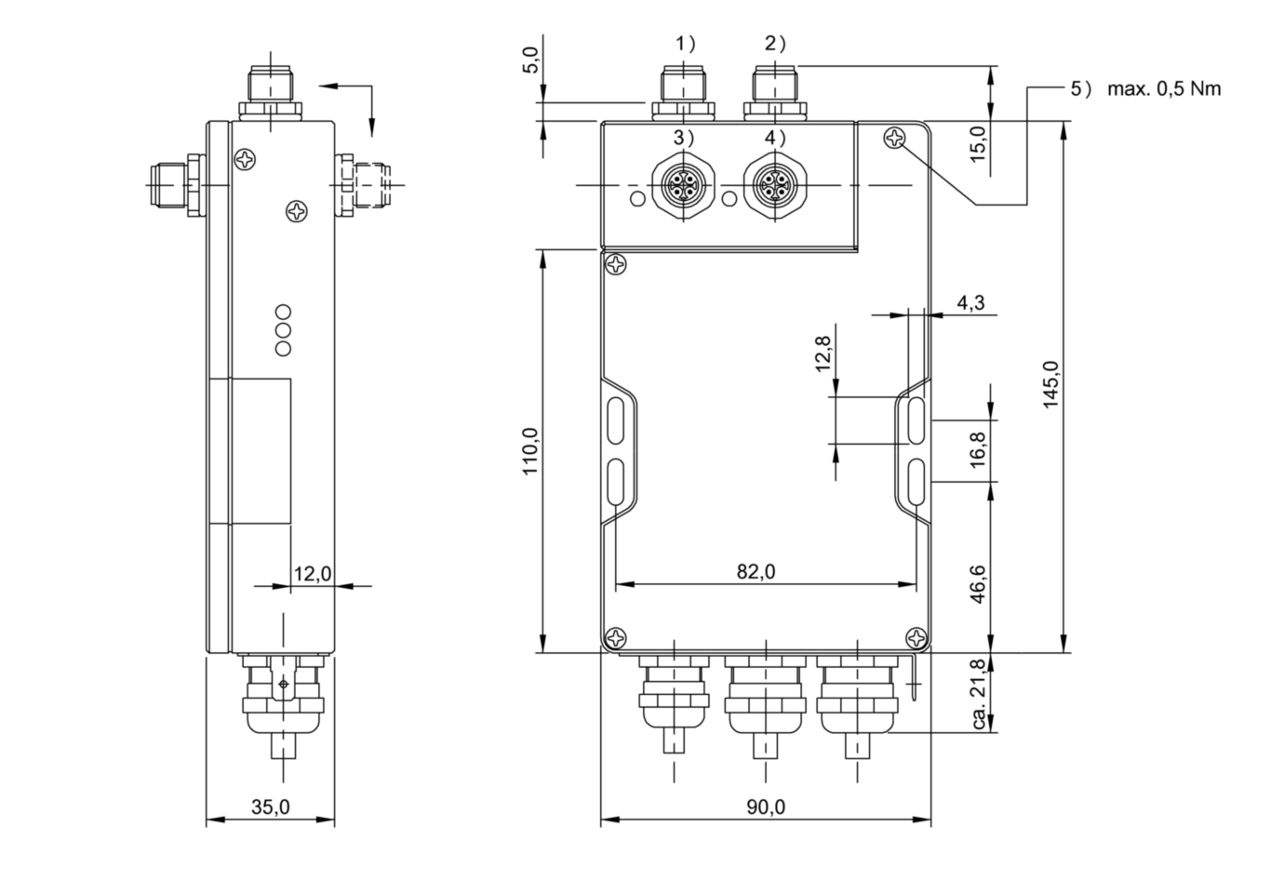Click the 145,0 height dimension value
pyautogui.click(x=1050, y=384)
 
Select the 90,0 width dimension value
pyautogui.click(x=766, y=807)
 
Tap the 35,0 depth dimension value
pyautogui.click(x=271, y=807)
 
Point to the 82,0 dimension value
pyautogui.click(x=756, y=571)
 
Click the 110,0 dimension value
pyautogui.click(x=530, y=451)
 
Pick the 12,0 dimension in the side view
pyautogui.click(x=313, y=574)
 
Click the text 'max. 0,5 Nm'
pyautogui.click(x=1164, y=88)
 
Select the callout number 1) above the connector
pyautogui.click(x=686, y=44)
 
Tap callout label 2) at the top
pyautogui.click(x=776, y=44)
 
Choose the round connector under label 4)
pyautogui.click(x=775, y=184)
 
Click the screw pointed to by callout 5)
pyautogui.click(x=894, y=138)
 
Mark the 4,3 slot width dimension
pyautogui.click(x=971, y=302)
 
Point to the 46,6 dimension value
pyautogui.click(x=979, y=584)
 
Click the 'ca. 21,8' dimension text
pyautogui.click(x=979, y=694)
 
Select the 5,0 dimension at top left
pyautogui.click(x=531, y=60)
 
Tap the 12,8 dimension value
pyautogui.click(x=823, y=353)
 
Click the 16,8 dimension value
pyautogui.click(x=979, y=449)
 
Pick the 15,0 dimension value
pyautogui.click(x=979, y=143)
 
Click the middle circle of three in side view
pyautogui.click(x=283, y=330)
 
